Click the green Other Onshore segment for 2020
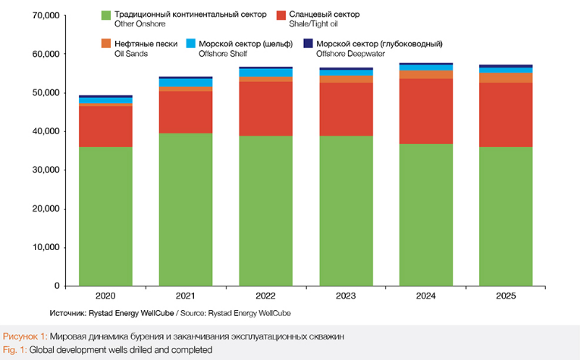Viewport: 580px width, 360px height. pos(105,216)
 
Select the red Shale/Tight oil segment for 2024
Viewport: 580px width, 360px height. pos(425,111)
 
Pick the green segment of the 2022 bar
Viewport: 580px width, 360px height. pos(265,211)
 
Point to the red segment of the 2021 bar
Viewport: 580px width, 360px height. pos(186,112)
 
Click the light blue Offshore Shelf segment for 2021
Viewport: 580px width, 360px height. pos(186,83)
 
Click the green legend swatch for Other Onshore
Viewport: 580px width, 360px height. pos(105,14)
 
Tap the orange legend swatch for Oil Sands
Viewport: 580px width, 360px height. pos(105,44)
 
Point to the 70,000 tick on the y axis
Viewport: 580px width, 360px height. pos(45,16)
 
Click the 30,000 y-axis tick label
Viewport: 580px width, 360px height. pos(45,171)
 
